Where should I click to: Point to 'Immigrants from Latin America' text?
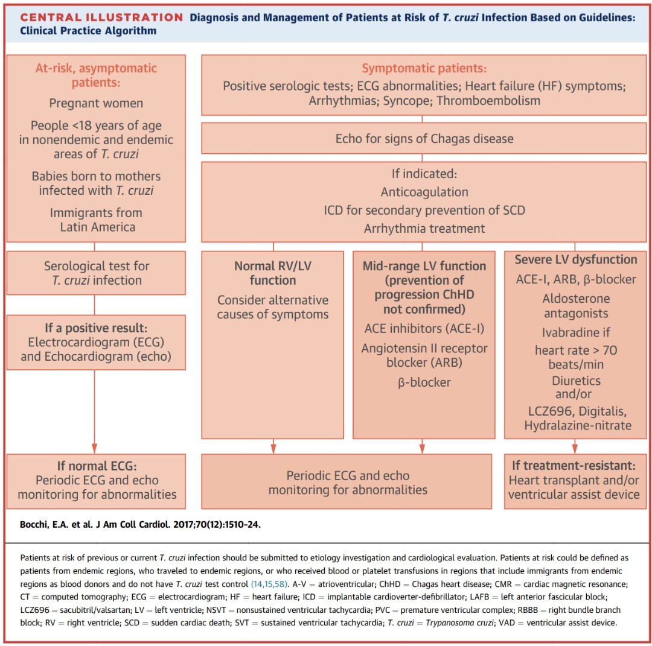coord(95,220)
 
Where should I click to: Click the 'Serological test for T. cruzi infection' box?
coord(95,273)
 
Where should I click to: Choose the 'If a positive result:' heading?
coord(95,328)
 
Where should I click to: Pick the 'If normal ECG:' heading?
coord(97,466)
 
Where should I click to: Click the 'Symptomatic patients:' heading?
coord(424,69)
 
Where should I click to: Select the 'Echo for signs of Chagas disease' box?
coord(424,139)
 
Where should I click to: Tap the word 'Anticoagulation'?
coord(424,192)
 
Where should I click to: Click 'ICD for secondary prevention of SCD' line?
coord(424,211)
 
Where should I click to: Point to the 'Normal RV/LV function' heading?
coord(273,273)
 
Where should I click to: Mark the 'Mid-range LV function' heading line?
coord(424,266)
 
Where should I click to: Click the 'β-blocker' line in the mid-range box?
coord(424,382)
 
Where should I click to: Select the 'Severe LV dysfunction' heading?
coord(575,260)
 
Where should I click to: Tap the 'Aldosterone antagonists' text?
coord(575,306)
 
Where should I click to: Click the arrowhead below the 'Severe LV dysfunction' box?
coord(575,448)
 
